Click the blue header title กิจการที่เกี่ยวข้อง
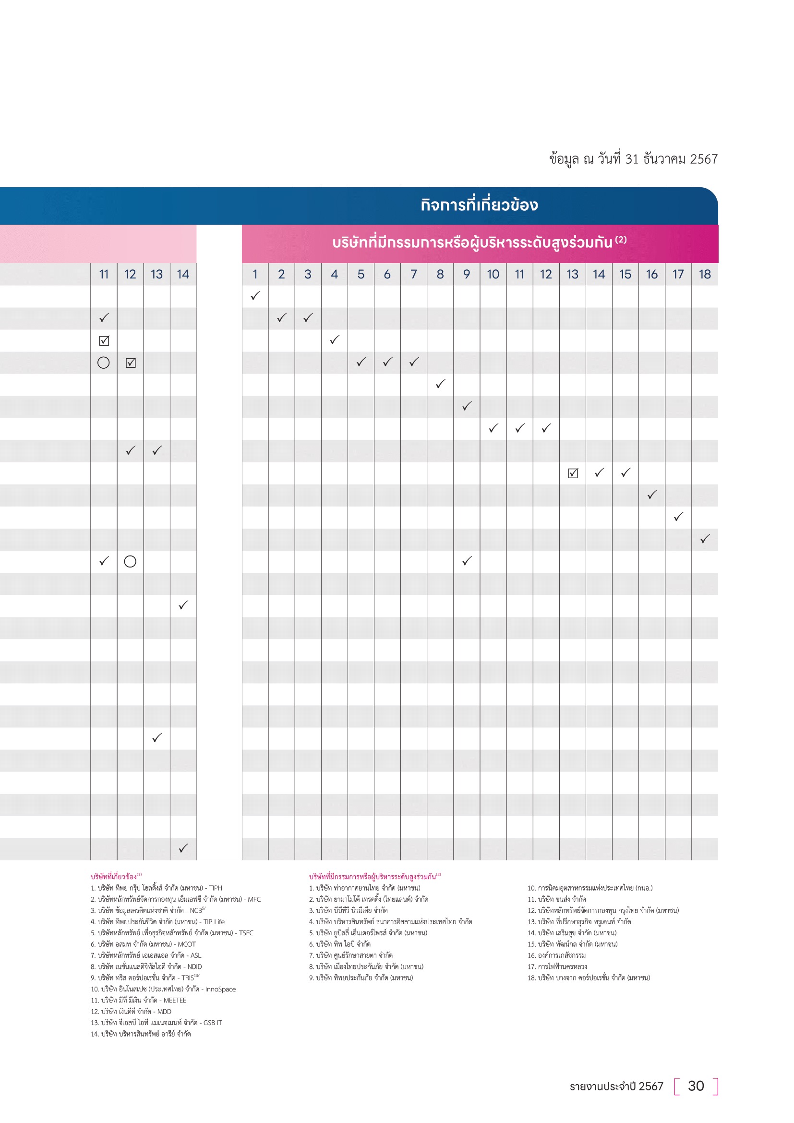tap(479, 205)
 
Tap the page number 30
tap(695, 1086)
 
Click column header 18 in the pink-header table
tap(705, 275)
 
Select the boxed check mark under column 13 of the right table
tap(573, 473)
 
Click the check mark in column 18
tap(705, 539)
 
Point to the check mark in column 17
tap(678, 517)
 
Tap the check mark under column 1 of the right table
tap(255, 296)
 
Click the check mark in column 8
tap(440, 384)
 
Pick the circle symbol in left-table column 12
tap(130, 562)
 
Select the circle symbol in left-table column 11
tap(104, 362)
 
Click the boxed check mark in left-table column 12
tap(131, 362)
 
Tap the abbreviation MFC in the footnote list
tap(254, 899)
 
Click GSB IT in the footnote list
tap(213, 1023)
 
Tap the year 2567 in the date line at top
tap(704, 159)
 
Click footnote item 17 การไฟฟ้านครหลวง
tap(557, 966)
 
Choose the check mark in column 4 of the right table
tap(335, 340)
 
